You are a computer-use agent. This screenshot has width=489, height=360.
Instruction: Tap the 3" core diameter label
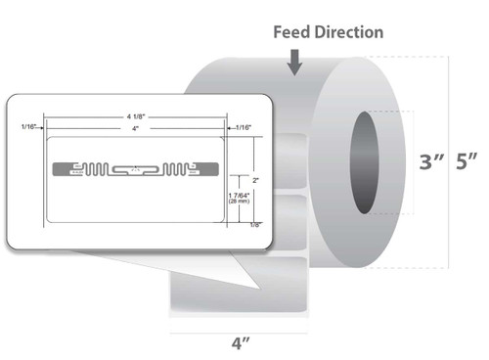(402, 162)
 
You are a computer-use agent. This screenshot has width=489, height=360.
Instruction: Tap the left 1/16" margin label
(28, 127)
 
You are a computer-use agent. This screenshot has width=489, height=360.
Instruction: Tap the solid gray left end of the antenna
(58, 170)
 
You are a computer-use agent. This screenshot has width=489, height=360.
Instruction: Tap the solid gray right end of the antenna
(212, 170)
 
